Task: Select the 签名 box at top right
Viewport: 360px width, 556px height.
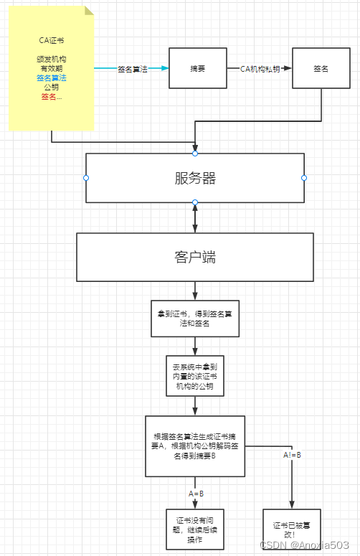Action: click(321, 68)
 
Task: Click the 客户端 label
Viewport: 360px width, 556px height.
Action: click(195, 257)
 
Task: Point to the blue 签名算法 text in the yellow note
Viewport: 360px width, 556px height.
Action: click(51, 77)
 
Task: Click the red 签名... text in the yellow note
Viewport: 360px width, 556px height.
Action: click(51, 97)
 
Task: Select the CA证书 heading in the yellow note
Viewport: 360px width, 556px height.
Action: click(51, 41)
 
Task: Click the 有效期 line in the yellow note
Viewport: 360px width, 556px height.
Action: click(51, 68)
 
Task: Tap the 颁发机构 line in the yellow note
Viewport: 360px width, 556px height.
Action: click(51, 59)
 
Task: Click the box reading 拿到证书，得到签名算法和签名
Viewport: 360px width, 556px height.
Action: click(194, 319)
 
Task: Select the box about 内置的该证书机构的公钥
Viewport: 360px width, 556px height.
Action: click(194, 376)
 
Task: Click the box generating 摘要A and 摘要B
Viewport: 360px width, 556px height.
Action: click(194, 446)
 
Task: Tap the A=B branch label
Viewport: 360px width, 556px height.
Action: click(196, 494)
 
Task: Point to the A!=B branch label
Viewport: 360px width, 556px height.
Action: click(292, 455)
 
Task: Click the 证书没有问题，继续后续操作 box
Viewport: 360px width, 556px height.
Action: click(194, 529)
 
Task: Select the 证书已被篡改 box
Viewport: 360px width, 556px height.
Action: click(290, 530)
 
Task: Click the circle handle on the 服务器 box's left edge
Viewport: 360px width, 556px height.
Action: click(86, 177)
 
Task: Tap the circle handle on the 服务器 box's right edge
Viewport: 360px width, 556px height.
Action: click(304, 177)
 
